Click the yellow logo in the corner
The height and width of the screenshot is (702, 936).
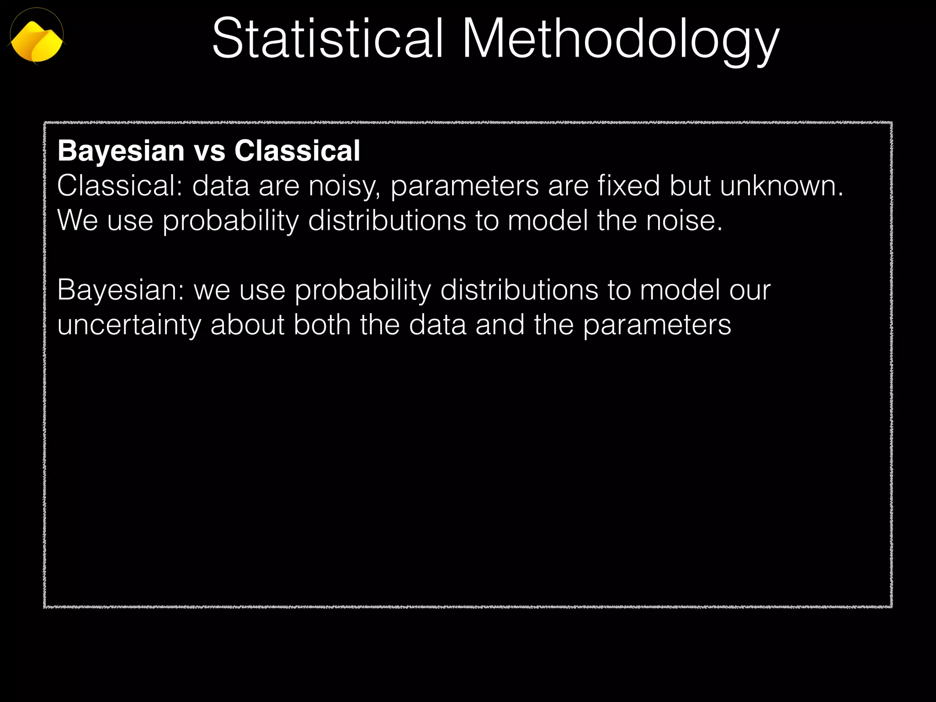pyautogui.click(x=37, y=40)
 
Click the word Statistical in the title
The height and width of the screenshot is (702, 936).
pyautogui.click(x=327, y=38)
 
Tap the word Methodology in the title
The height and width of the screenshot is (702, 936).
pyautogui.click(x=620, y=40)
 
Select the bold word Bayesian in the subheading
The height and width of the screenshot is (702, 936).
pyautogui.click(x=121, y=151)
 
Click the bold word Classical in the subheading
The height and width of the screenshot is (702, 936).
pyautogui.click(x=298, y=151)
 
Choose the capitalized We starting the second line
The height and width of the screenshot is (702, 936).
pyautogui.click(x=78, y=221)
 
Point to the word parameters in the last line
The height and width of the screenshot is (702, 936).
pyautogui.click(x=657, y=325)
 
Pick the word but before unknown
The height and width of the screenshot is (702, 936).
pyautogui.click(x=690, y=186)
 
